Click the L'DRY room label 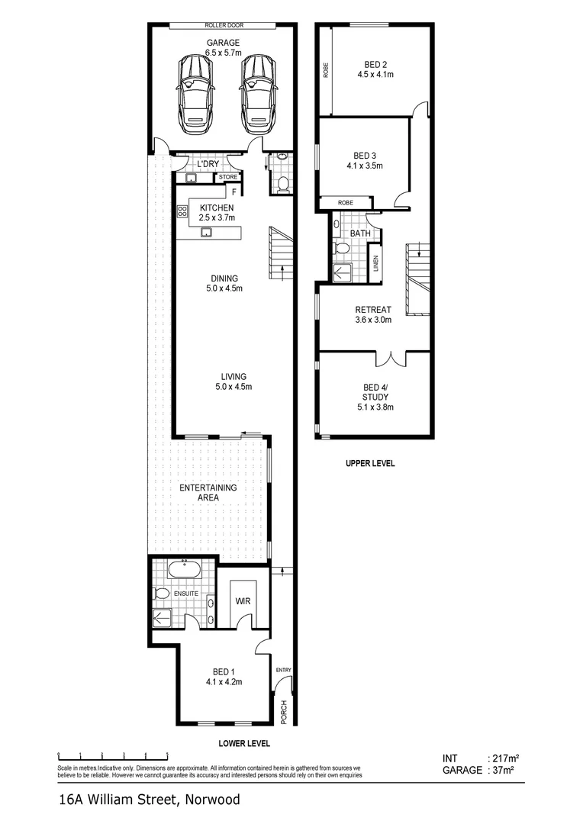click(x=208, y=165)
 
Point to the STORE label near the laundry click(x=228, y=178)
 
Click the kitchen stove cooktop click(x=182, y=213)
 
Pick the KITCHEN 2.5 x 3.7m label click(x=217, y=213)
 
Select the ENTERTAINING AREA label click(x=208, y=492)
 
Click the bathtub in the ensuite click(x=184, y=570)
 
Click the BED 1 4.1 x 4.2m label click(x=223, y=677)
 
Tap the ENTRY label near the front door click(x=284, y=670)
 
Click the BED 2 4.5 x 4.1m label click(x=372, y=69)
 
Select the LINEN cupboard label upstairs click(x=375, y=262)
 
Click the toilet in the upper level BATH click(x=342, y=249)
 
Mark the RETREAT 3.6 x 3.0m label click(x=372, y=314)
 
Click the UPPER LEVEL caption click(x=370, y=463)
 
